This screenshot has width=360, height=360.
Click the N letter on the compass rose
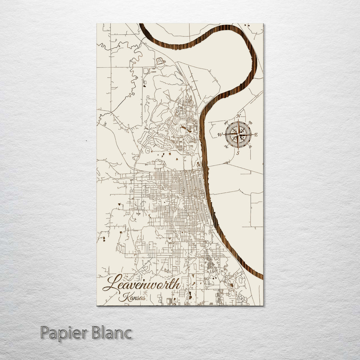pyautogui.click(x=238, y=116)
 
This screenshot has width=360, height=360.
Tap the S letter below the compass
pyautogui.click(x=238, y=153)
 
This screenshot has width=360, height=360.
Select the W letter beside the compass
pyautogui.click(x=220, y=135)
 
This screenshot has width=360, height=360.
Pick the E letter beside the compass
pyautogui.click(x=256, y=135)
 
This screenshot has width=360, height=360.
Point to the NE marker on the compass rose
pyautogui.click(x=250, y=122)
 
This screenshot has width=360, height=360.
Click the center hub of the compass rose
pyautogui.click(x=238, y=135)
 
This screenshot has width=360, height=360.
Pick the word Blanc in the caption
pyautogui.click(x=110, y=333)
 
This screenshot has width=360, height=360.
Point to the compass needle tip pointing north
pyautogui.click(x=238, y=120)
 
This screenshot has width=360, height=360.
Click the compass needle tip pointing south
pyautogui.click(x=238, y=150)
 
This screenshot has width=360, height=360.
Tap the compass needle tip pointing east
pyautogui.click(x=253, y=135)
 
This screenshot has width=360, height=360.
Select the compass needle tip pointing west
pyautogui.click(x=223, y=135)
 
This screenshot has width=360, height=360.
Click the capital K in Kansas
pyautogui.click(x=123, y=297)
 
